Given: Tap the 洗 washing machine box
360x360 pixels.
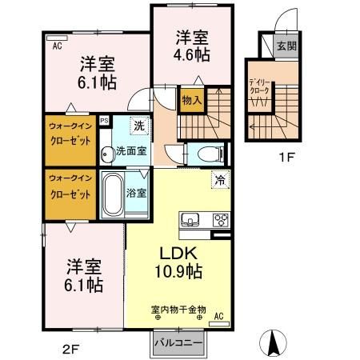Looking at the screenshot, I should click(x=139, y=125).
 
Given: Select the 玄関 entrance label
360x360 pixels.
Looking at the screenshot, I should click(x=285, y=46).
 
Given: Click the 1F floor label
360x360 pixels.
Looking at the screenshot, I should click(x=287, y=158).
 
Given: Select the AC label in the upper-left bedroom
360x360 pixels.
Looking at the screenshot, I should click(x=58, y=46).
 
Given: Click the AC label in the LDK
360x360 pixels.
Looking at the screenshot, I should click(x=218, y=316).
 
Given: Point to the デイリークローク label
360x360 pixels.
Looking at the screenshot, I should click(x=260, y=86).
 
